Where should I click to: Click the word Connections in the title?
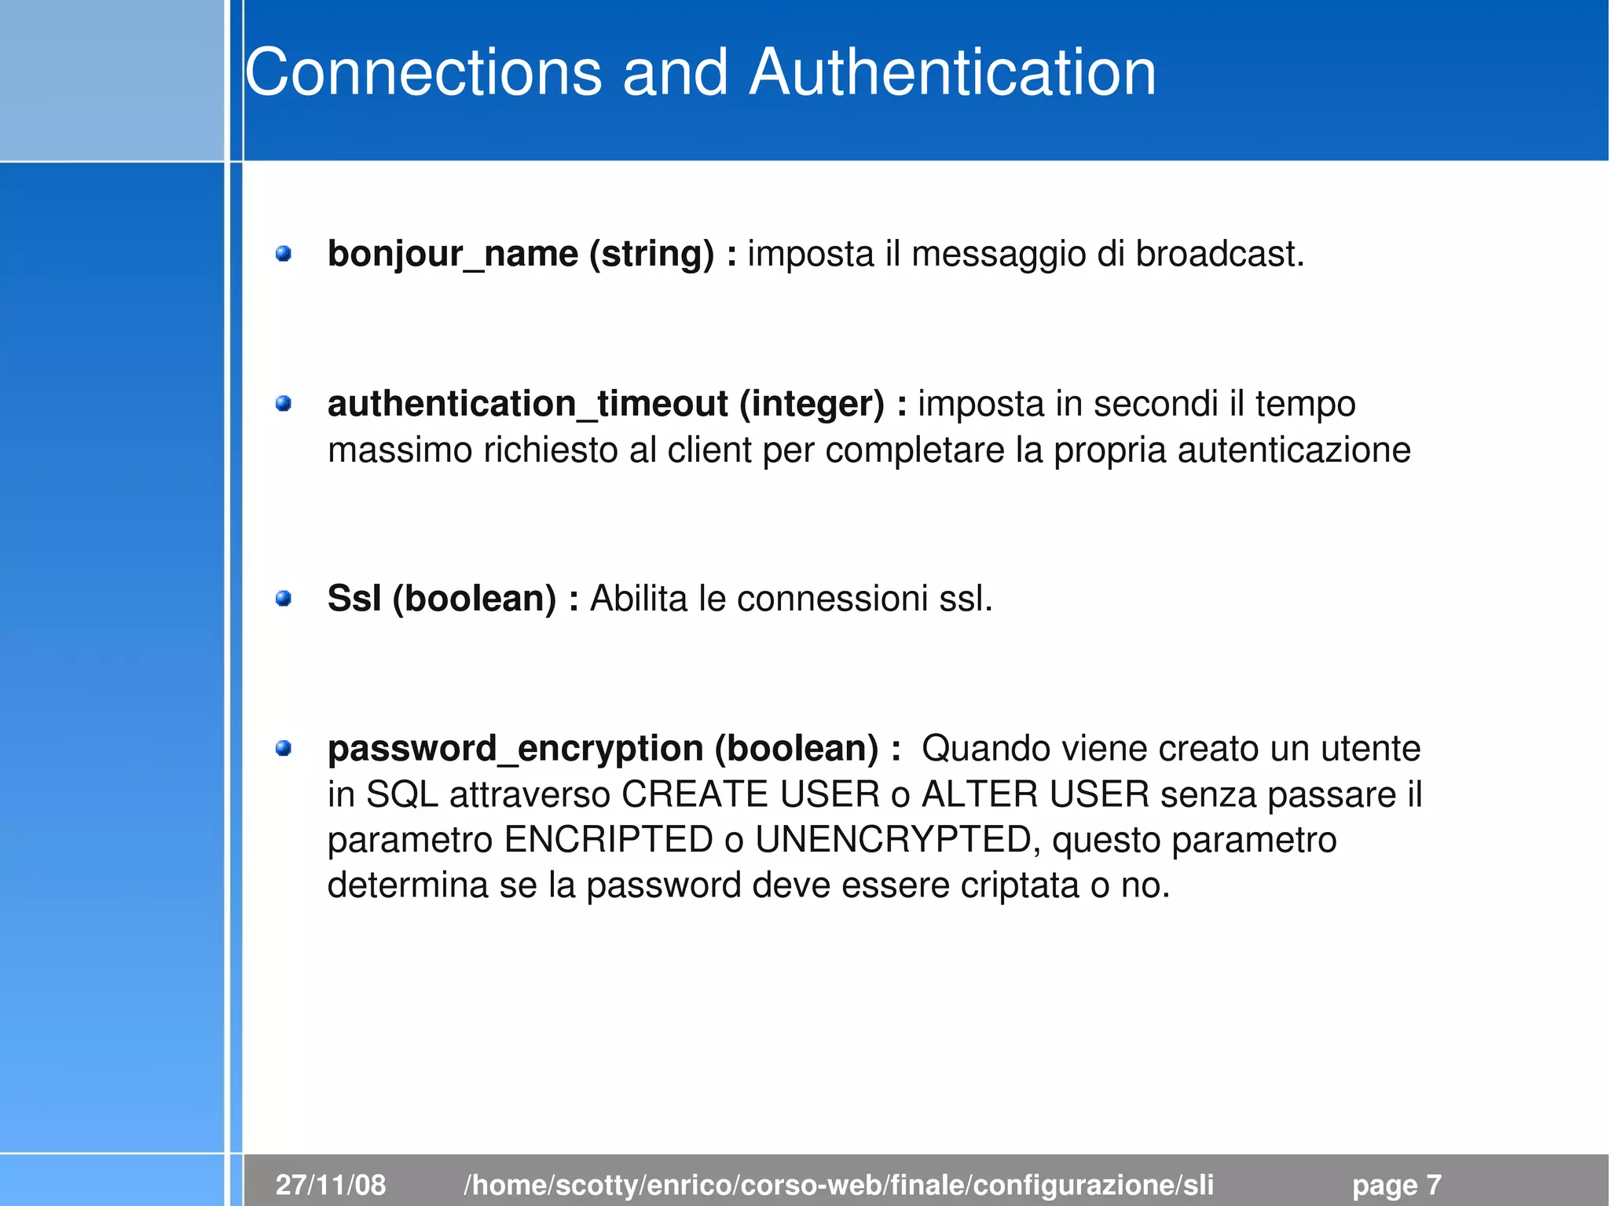click(x=423, y=72)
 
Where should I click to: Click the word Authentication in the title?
click(x=952, y=72)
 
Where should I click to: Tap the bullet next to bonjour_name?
click(x=284, y=254)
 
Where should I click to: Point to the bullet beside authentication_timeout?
click(x=284, y=404)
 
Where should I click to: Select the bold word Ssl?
click(x=354, y=599)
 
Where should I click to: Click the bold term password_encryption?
click(x=515, y=749)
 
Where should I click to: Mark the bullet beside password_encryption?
click(x=284, y=748)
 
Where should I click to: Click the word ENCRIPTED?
click(x=608, y=840)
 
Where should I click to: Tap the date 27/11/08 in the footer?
click(x=331, y=1185)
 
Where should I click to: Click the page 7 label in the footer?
click(x=1396, y=1185)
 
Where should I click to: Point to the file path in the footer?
click(x=838, y=1185)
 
